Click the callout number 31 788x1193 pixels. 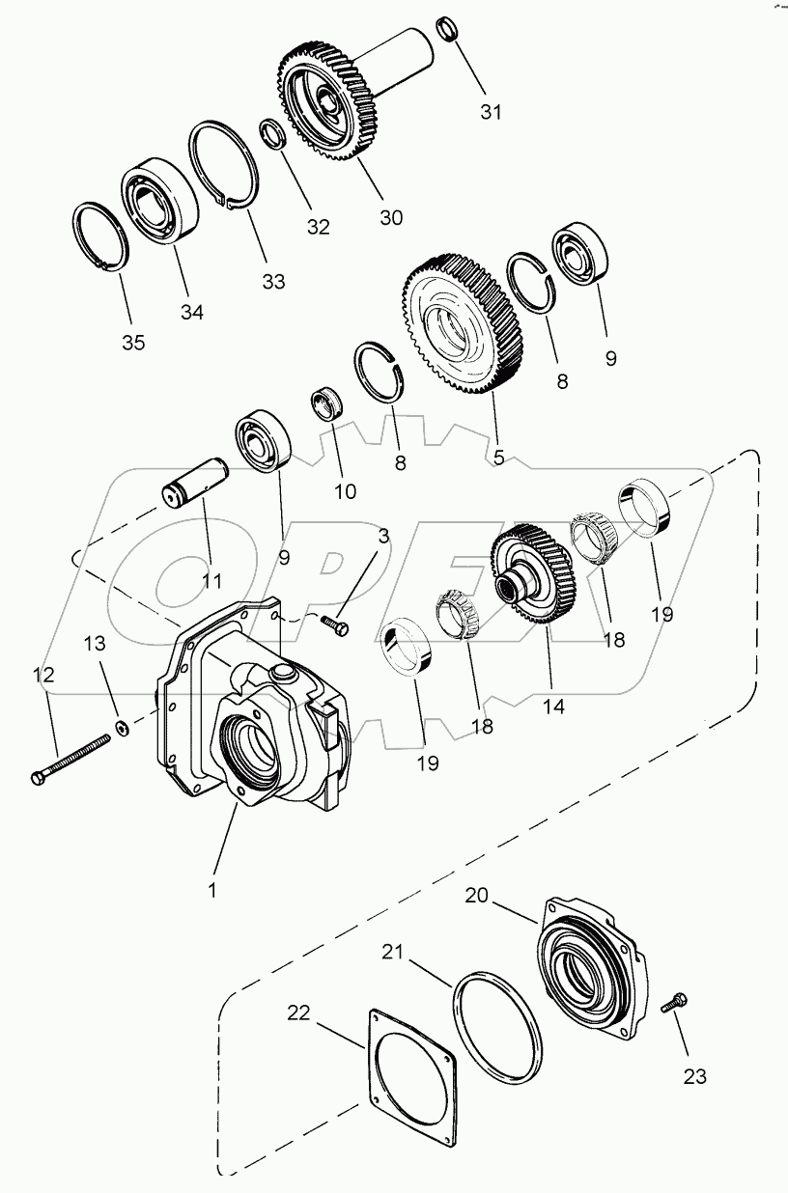(x=492, y=112)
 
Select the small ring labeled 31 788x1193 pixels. (x=446, y=28)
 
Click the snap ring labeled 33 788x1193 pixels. (x=223, y=164)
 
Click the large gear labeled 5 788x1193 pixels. (x=462, y=322)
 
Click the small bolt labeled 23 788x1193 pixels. (x=673, y=1005)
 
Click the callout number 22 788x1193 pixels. (x=300, y=1013)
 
